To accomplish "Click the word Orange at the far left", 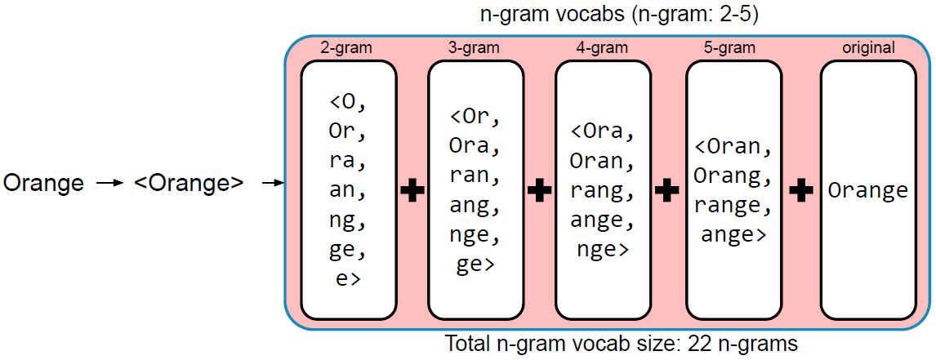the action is tap(43, 184).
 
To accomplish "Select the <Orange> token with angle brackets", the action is tap(189, 184).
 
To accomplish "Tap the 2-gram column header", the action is tap(347, 48).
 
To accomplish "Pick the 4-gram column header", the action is tap(602, 48).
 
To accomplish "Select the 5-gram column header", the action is tap(733, 48).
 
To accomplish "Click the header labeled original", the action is tap(868, 48).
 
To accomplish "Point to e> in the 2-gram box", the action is tap(349, 279).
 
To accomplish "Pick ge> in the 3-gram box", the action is tap(475, 265).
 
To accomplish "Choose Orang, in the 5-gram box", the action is tap(733, 176).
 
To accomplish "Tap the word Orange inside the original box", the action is tap(868, 191).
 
